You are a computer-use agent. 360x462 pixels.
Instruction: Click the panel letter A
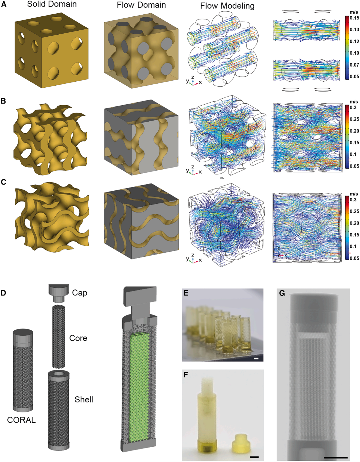[4, 4]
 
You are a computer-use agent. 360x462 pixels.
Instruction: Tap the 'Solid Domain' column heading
[52, 4]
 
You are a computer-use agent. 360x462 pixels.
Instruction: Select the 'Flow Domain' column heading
[141, 5]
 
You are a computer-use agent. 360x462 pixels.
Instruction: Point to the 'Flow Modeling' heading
[227, 6]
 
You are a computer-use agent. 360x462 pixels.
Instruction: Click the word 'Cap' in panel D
[80, 293]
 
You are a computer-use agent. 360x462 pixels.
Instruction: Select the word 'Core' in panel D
[78, 338]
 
